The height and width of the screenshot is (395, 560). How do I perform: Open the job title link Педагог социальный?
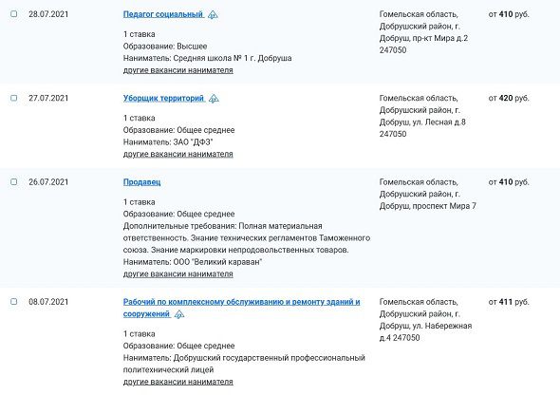(x=162, y=15)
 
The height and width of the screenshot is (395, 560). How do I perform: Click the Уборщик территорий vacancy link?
(x=163, y=98)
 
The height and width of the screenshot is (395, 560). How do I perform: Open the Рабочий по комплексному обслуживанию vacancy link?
(x=241, y=302)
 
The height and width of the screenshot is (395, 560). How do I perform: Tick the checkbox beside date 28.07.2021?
(x=13, y=15)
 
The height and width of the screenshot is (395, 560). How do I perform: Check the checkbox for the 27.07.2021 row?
(x=13, y=99)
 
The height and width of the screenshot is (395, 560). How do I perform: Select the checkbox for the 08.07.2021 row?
(x=13, y=302)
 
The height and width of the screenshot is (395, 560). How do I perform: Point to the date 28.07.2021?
(x=47, y=15)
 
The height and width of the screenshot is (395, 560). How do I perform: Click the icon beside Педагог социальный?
(x=213, y=16)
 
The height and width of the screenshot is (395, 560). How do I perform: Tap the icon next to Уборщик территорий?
(x=214, y=99)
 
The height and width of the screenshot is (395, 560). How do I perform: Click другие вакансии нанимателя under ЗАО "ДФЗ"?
(x=177, y=154)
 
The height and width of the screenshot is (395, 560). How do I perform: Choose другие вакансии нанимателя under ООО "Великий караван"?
(x=177, y=273)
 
